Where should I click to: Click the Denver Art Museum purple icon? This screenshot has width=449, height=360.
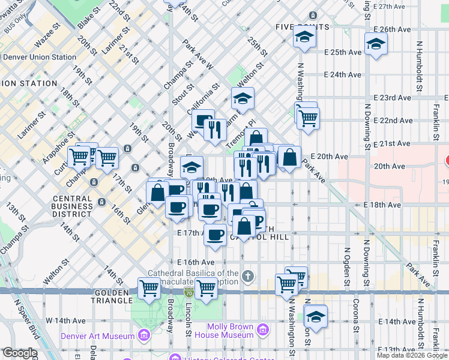point(143,335)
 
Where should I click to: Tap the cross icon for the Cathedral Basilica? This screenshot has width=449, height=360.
point(248,277)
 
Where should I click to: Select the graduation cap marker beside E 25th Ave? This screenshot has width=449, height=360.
point(376,44)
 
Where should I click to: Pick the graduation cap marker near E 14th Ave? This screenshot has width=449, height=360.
point(315,316)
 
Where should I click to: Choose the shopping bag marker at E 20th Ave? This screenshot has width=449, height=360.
point(289,158)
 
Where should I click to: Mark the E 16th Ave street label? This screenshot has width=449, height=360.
point(196,262)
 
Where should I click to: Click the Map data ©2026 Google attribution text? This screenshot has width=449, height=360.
point(412,355)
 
